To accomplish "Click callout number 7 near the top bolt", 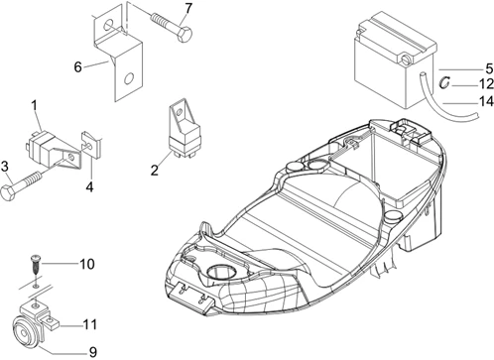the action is click(x=188, y=9).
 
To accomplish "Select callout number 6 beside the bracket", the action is click(x=77, y=67).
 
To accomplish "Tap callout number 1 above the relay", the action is click(x=35, y=106).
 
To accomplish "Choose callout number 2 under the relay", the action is click(x=155, y=171).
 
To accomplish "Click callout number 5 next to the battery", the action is click(x=489, y=68).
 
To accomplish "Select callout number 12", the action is click(x=486, y=84).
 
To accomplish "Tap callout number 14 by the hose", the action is click(x=486, y=101).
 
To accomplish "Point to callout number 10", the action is click(x=87, y=264).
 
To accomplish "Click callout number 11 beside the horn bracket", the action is click(x=89, y=325).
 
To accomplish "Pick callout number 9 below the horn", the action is click(x=93, y=352).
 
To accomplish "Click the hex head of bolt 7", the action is click(x=185, y=35).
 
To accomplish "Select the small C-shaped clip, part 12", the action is click(x=444, y=82).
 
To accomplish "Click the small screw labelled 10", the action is click(x=36, y=265).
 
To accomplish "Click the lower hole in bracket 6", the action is click(x=128, y=79).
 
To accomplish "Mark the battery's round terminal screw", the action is click(x=406, y=60).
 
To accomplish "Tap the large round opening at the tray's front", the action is click(x=221, y=273).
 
